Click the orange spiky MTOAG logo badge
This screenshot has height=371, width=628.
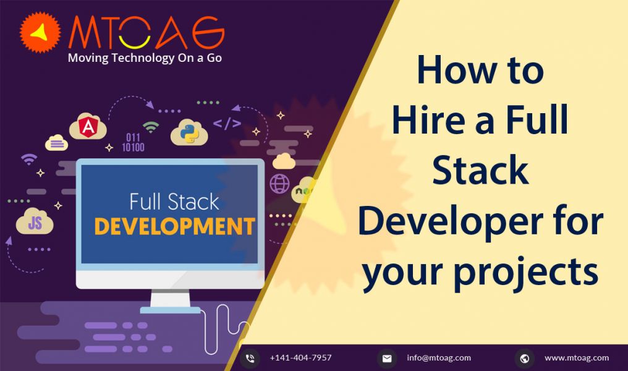[x=40, y=32]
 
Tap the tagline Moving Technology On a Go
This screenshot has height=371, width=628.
[x=145, y=58]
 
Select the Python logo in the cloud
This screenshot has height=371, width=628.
[x=189, y=132]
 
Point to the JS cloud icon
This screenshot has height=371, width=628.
[x=35, y=221]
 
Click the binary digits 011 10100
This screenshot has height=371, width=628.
[x=133, y=143]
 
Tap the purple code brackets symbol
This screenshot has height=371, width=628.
[x=227, y=124]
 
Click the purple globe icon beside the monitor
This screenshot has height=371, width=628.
[x=279, y=184]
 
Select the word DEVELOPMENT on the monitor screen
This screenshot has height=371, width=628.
[x=175, y=226]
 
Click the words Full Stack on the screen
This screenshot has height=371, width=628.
[x=174, y=202]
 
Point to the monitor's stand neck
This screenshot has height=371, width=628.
[x=170, y=299]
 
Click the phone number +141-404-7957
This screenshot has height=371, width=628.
[x=301, y=358]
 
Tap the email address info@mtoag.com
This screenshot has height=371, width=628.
[x=439, y=358]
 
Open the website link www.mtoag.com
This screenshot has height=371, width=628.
[x=577, y=358]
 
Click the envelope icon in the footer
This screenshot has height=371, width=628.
[x=387, y=359]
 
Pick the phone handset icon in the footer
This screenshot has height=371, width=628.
[x=250, y=359]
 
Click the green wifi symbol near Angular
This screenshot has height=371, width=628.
[x=151, y=127]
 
